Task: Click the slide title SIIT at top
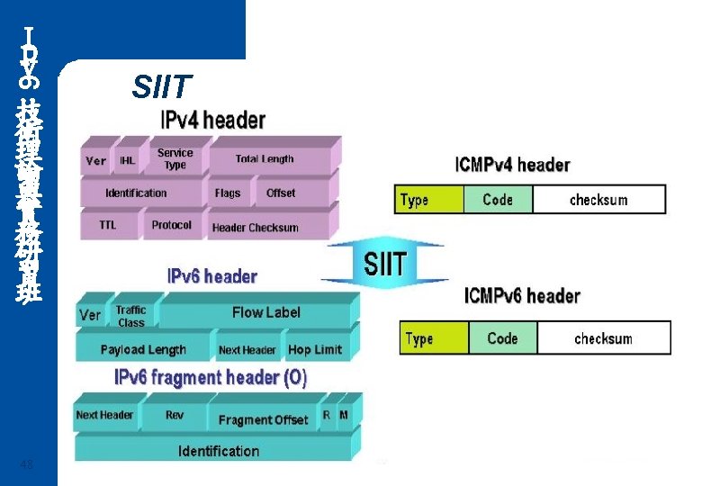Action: (x=161, y=87)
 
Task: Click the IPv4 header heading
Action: (x=212, y=120)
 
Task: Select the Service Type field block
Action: (x=175, y=159)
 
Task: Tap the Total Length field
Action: (x=265, y=159)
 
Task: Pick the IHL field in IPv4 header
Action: (x=128, y=161)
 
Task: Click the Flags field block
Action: (x=228, y=193)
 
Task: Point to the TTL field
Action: (x=107, y=225)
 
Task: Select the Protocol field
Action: (x=171, y=225)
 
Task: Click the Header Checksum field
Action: (x=255, y=228)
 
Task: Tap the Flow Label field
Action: (x=265, y=312)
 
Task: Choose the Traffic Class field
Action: (x=130, y=316)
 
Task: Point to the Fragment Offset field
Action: (x=263, y=419)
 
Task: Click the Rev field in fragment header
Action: (x=175, y=416)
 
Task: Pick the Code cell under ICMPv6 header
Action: (x=502, y=338)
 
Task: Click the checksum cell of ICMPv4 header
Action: (x=598, y=200)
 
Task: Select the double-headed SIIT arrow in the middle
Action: (x=385, y=265)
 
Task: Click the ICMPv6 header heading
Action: (x=522, y=296)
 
